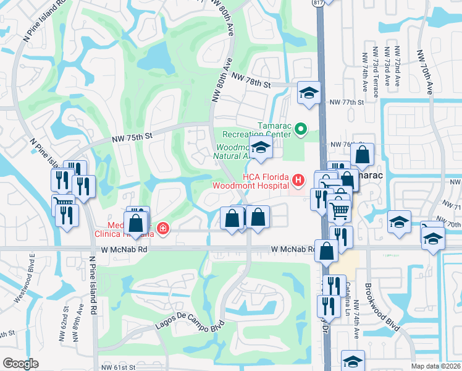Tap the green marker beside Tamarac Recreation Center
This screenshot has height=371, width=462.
coord(301,129)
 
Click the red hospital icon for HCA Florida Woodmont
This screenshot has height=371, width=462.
coord(298,181)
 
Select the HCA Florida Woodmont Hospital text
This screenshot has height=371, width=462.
coord(250,181)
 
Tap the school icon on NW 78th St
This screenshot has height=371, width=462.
coord(308,93)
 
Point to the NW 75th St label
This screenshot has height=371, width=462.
coord(132,139)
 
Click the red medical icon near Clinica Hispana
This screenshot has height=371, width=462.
coord(162,229)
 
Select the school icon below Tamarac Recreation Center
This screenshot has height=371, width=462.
coord(261,148)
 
